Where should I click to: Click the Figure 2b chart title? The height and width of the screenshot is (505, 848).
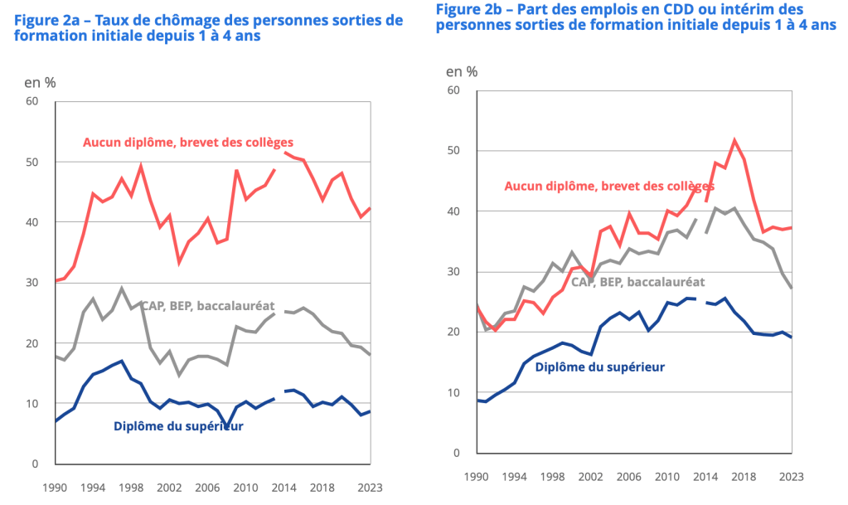(635, 17)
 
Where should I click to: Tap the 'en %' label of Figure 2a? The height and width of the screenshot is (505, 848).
(41, 82)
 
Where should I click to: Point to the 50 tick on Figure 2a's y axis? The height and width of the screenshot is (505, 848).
(32, 162)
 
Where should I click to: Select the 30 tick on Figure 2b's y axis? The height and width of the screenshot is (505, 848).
(454, 272)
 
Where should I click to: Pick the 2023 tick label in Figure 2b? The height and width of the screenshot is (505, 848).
(792, 478)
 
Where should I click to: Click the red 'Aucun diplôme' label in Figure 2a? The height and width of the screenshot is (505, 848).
(188, 142)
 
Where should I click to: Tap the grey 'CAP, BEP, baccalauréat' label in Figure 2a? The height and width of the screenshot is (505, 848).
(208, 306)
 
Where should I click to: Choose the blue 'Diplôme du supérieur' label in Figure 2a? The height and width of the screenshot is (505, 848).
(177, 427)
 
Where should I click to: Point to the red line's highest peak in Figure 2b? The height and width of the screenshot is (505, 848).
(734, 140)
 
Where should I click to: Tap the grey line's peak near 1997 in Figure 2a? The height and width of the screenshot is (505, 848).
(122, 289)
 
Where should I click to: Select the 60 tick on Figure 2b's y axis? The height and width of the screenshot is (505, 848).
(454, 90)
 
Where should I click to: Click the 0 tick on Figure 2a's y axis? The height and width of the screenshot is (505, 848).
(36, 464)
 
